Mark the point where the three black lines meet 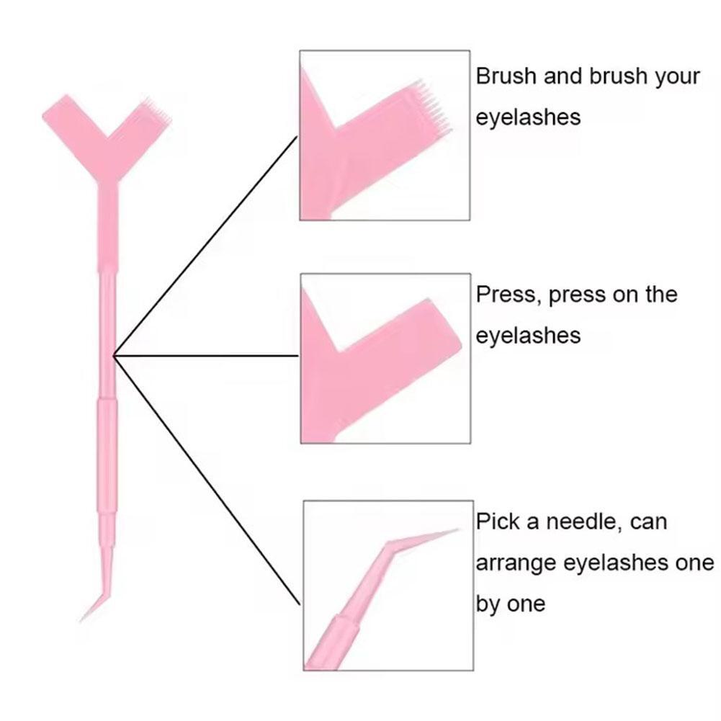[114, 355]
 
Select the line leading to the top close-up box [205, 245]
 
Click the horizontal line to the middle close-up [206, 355]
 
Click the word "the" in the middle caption [659, 295]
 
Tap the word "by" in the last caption [488, 604]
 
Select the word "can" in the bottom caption [648, 522]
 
